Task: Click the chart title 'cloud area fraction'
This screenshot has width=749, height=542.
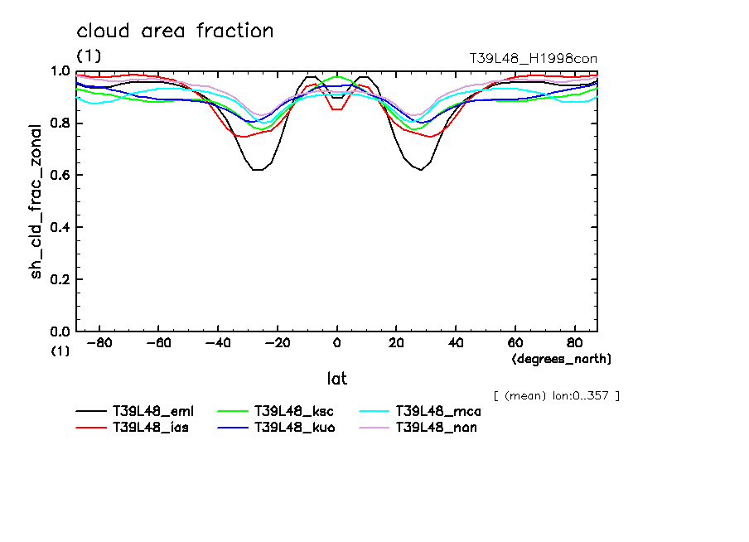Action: click(x=175, y=31)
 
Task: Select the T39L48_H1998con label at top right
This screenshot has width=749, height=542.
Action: click(x=533, y=58)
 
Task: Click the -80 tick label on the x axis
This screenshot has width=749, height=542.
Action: click(x=99, y=343)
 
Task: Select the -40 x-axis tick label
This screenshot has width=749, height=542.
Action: click(x=218, y=343)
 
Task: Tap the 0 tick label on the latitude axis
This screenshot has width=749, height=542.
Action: click(x=337, y=343)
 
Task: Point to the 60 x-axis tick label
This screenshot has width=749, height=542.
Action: click(x=515, y=343)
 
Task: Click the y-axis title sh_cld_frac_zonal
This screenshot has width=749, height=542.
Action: click(x=36, y=201)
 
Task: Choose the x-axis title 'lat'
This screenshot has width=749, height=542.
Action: click(x=336, y=379)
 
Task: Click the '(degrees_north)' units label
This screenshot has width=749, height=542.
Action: click(x=562, y=359)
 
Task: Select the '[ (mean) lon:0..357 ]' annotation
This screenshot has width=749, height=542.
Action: click(x=556, y=395)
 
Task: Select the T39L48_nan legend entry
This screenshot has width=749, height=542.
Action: click(x=437, y=428)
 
